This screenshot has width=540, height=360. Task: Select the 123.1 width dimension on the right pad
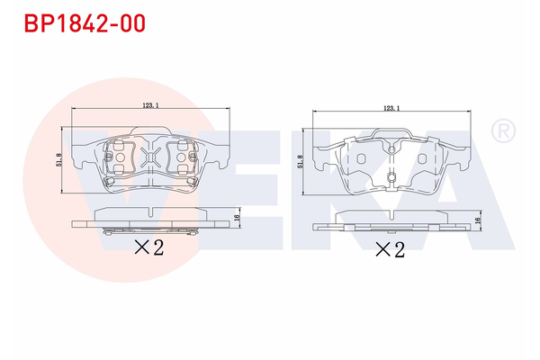391,108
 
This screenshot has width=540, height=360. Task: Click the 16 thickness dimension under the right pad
477,220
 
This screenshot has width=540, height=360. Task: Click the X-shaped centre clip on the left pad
150,159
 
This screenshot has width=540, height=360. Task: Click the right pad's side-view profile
391,222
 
